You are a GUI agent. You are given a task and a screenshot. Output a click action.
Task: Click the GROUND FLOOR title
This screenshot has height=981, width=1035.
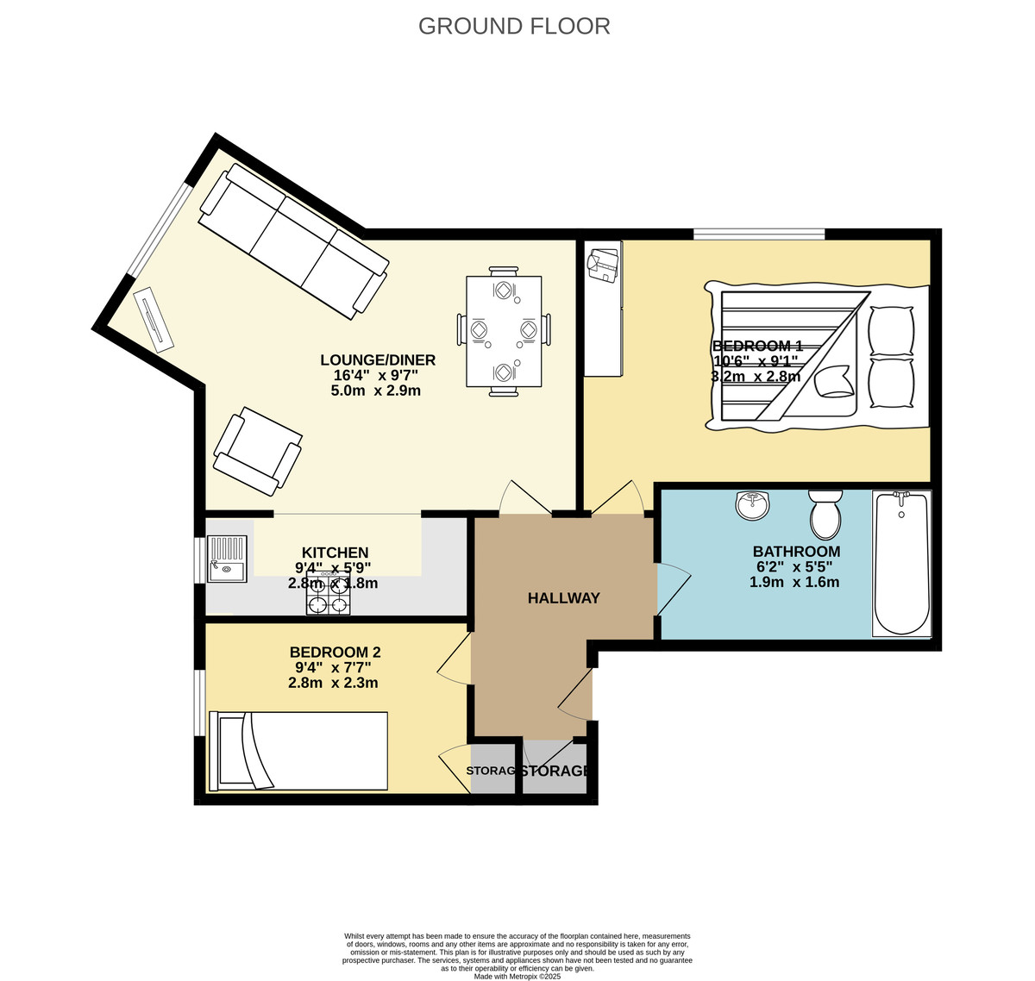coord(514,26)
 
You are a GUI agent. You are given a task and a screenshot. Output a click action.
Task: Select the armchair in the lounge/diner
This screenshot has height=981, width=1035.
coord(257,451)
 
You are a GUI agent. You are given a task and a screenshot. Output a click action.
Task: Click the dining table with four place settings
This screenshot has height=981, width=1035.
coord(504,331)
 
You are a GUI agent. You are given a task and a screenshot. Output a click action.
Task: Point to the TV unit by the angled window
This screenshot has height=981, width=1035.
coord(153,319)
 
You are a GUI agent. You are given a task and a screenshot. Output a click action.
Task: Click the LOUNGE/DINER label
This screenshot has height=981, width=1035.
coord(378,360)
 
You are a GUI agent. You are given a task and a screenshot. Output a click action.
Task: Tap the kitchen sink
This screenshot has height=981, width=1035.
coord(228,559)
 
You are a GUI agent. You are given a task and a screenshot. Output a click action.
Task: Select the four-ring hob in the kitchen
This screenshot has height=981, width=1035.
coord(329,597)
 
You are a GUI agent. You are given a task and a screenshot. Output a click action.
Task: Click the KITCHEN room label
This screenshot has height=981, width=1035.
coord(335,553)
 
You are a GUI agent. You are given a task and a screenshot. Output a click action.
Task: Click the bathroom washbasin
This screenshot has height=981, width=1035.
coord(754,505)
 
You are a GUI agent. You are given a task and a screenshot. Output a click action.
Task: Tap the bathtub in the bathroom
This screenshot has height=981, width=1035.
coord(901,564)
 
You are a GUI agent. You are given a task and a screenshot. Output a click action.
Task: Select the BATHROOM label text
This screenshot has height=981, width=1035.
coord(796,552)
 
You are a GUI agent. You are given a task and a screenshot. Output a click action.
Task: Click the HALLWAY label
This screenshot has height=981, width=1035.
coord(563,598)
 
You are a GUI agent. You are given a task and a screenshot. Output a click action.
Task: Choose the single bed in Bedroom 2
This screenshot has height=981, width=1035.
coord(299,751)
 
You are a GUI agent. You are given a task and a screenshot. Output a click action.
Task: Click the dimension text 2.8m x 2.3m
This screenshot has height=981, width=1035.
coord(333,684)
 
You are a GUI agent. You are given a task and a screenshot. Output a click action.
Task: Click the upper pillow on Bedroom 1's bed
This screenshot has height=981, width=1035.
coord(891,330)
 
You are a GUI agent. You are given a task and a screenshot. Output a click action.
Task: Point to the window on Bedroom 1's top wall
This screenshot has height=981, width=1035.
coord(759,233)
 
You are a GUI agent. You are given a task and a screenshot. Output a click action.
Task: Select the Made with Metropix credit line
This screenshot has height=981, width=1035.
coord(517,977)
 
